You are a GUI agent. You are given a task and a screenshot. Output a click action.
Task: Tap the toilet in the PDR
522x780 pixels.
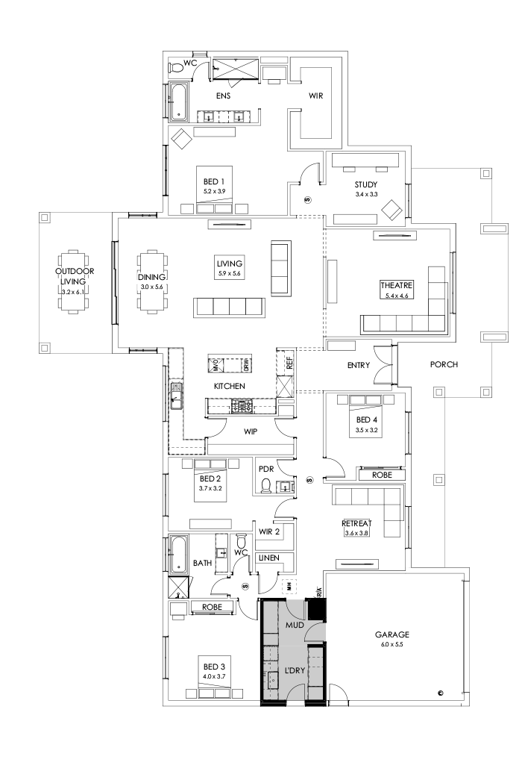click(266, 485)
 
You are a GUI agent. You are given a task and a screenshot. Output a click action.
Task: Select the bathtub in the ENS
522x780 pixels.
click(179, 102)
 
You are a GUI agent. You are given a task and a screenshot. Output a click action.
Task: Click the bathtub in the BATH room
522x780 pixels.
click(179, 553)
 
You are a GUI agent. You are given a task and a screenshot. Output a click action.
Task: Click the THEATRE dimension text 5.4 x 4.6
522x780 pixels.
click(394, 296)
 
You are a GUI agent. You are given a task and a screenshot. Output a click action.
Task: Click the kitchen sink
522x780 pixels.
click(177, 396)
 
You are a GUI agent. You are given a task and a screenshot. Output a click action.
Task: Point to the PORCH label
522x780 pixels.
click(444, 365)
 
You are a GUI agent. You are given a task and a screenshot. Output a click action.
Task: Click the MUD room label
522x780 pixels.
click(295, 624)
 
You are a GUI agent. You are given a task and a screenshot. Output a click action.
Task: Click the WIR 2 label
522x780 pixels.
click(268, 531)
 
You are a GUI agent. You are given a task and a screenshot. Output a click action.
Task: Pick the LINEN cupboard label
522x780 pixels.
click(268, 558)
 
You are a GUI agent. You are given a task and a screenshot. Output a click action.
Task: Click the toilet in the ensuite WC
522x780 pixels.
click(176, 68)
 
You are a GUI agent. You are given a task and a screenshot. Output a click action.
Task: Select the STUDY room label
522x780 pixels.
click(366, 184)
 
